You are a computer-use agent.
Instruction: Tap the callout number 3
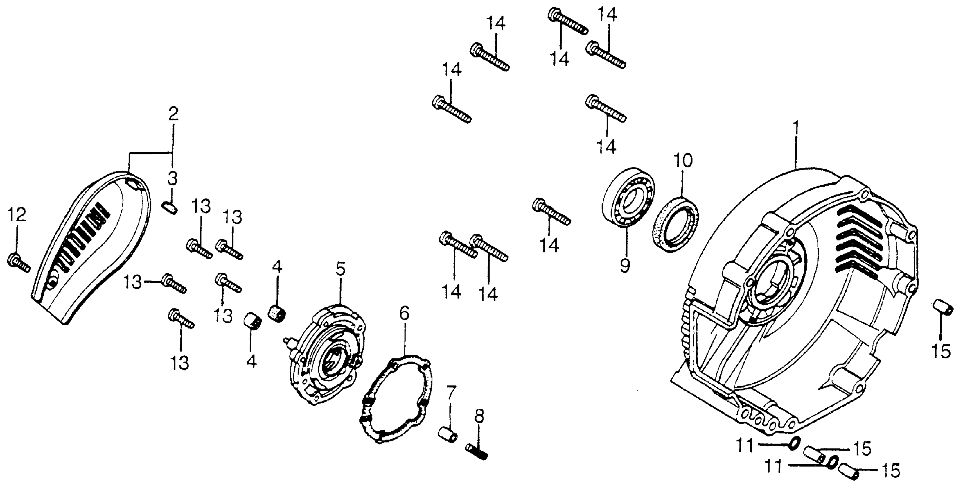point(172,179)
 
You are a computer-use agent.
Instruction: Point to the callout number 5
point(340,269)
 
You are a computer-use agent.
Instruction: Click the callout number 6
point(404,314)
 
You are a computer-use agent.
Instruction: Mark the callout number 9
point(625,265)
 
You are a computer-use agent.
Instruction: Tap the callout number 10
point(683,160)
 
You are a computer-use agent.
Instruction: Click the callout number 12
point(17,215)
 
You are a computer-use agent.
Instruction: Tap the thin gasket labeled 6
point(396,400)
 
